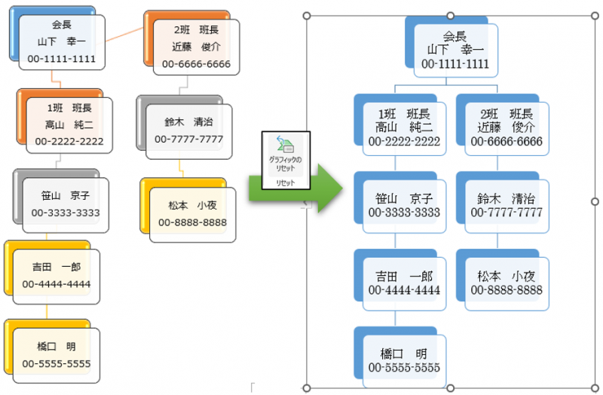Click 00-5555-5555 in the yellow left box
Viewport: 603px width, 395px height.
click(x=57, y=364)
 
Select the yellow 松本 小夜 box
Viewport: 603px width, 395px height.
click(x=192, y=213)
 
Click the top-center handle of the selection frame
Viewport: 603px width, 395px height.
click(x=451, y=15)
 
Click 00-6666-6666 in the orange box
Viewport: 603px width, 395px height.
click(x=196, y=64)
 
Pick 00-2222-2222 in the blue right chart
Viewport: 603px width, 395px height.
click(x=404, y=141)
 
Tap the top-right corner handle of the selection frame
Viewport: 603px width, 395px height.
click(x=595, y=15)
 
